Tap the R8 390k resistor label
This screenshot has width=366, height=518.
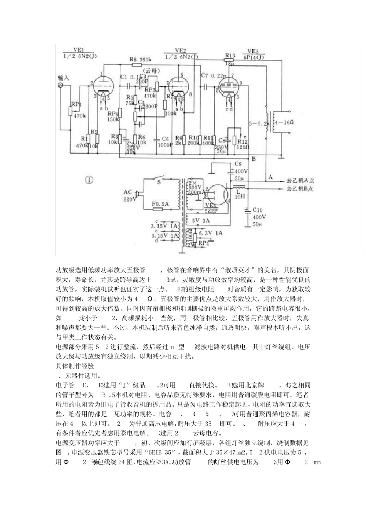(x=140, y=59)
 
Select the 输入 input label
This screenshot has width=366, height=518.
(x=63, y=77)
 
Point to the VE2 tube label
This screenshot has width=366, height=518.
(x=180, y=50)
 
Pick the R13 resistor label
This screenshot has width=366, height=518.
(x=230, y=55)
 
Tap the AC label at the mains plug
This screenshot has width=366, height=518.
(x=128, y=192)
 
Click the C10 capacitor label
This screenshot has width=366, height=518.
(x=257, y=210)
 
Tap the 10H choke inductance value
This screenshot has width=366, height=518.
(x=240, y=196)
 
